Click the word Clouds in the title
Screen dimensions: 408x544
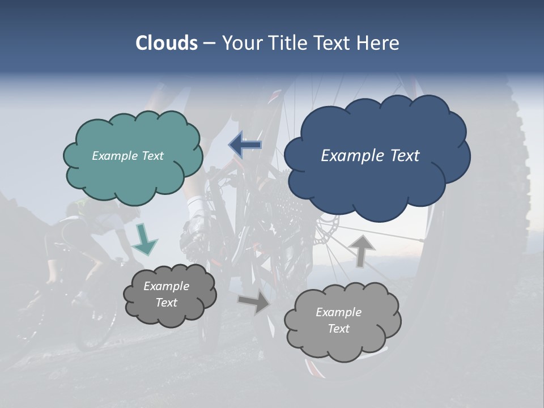(x=166, y=43)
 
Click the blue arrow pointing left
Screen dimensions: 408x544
(x=245, y=145)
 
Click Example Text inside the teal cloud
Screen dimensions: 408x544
(x=127, y=156)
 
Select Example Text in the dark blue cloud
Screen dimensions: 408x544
(x=370, y=156)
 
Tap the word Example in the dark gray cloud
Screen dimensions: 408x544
(x=166, y=286)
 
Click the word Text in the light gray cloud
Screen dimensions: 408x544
(x=338, y=329)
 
